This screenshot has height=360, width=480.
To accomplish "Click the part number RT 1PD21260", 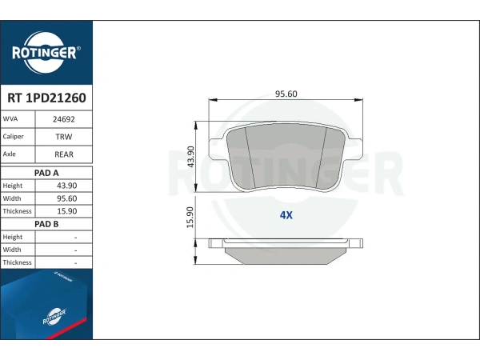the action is (46, 98).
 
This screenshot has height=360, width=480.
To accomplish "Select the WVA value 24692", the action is (64, 119).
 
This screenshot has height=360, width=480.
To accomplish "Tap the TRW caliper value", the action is (64, 137).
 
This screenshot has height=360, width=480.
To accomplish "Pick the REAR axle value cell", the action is (64, 154).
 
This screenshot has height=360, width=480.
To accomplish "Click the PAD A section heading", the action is (46, 173).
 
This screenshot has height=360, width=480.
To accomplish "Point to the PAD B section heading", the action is (46, 224).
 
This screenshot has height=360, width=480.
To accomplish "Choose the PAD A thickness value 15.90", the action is (66, 211).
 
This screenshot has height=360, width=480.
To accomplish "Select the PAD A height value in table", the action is (66, 186).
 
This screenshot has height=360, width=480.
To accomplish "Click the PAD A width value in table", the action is (66, 198).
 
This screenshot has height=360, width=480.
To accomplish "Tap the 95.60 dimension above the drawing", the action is (286, 94).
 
